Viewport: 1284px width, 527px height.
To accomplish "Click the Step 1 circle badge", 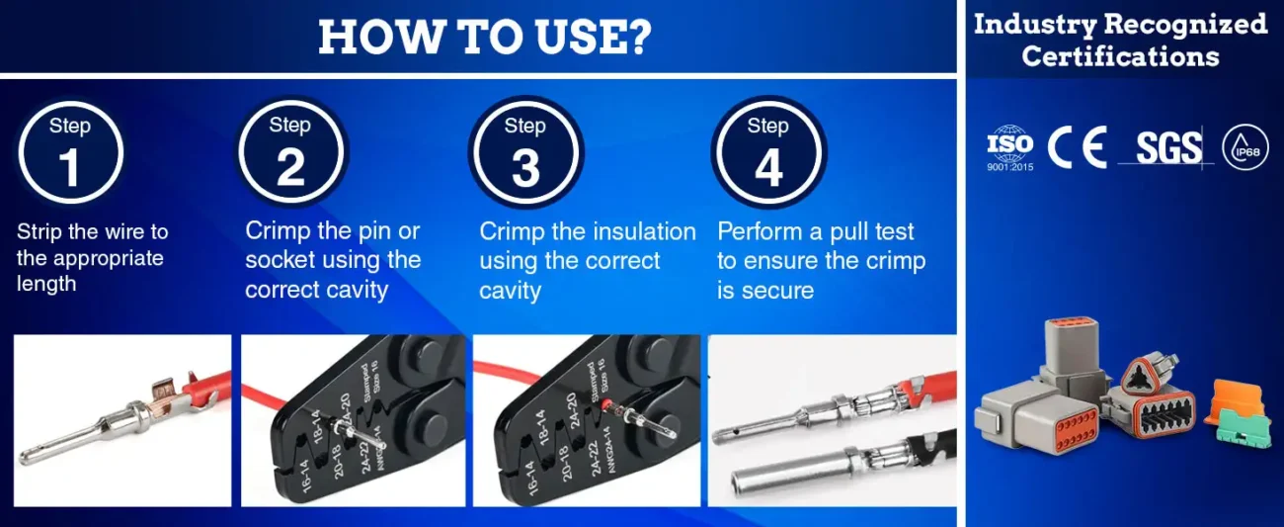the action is (70, 152).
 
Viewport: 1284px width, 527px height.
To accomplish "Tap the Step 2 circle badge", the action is (290, 152).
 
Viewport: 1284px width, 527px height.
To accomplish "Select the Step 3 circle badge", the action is (525, 152).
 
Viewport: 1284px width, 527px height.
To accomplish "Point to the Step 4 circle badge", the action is (768, 152).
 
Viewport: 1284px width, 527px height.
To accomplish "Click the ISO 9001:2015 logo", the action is (1010, 148).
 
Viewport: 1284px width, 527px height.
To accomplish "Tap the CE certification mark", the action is (1077, 147).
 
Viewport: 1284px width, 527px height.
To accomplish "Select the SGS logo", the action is (1168, 147).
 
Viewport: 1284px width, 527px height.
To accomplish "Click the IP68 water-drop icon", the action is (1245, 147).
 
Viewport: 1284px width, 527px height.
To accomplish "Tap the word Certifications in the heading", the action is (1121, 56).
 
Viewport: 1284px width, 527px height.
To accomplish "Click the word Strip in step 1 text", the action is (40, 232).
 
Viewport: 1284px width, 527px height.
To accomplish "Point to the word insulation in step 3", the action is (644, 231).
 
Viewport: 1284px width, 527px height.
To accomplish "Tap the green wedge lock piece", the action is (1246, 428).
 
